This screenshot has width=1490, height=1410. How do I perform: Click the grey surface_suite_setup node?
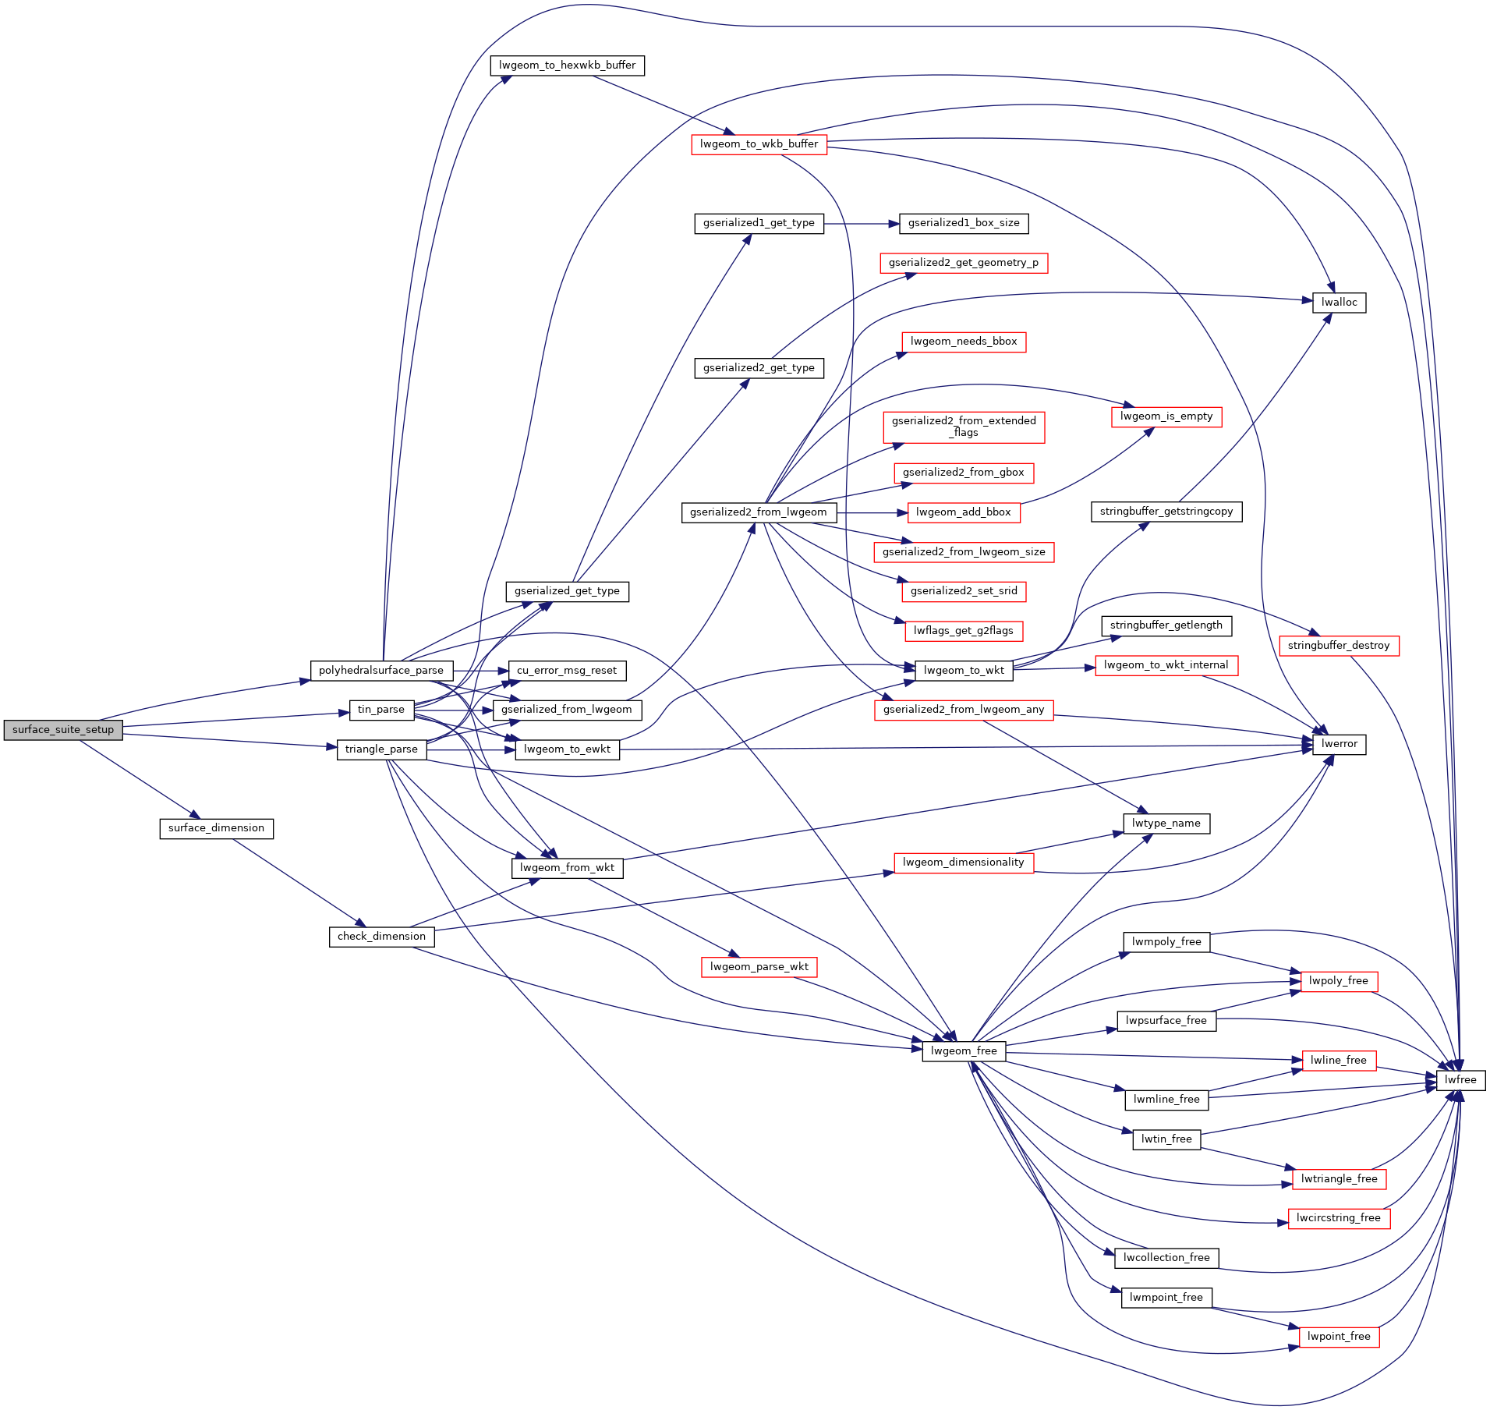tap(63, 730)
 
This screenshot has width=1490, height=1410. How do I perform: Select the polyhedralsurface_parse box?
tap(381, 671)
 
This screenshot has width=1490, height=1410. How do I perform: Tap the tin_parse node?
tap(381, 710)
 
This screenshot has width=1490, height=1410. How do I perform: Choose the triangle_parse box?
tap(381, 749)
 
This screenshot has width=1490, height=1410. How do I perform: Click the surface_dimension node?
tap(216, 828)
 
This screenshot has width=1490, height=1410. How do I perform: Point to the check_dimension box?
tap(381, 937)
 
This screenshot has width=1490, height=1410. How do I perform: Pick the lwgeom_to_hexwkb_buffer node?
tap(567, 66)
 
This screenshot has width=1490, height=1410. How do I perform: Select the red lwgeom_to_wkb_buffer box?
tap(759, 144)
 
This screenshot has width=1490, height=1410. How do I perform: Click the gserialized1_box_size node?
tap(964, 223)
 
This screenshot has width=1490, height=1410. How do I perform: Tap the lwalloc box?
tap(1339, 303)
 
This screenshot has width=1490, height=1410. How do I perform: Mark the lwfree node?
tap(1460, 1080)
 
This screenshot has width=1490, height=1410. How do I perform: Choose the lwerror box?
tap(1339, 744)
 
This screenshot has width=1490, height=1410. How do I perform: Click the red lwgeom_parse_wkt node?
tap(759, 967)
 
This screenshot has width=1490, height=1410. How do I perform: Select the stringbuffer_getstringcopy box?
tap(1166, 512)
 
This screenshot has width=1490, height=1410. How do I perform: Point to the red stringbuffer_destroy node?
tap(1339, 646)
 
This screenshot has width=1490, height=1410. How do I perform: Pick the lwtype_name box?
tap(1166, 824)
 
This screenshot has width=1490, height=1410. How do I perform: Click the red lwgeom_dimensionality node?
tap(964, 863)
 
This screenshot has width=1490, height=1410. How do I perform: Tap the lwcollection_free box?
tap(1166, 1258)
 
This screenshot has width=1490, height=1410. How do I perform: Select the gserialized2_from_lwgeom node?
tap(759, 512)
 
